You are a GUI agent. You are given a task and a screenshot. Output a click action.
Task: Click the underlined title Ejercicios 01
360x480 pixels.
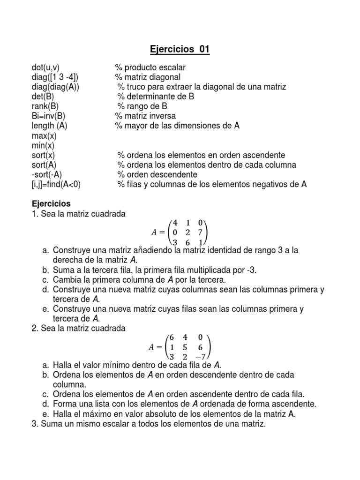click(180, 50)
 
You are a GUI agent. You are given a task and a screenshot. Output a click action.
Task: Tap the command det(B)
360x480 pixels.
click(43, 97)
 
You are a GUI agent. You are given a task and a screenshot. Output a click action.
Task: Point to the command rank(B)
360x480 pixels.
click(45, 106)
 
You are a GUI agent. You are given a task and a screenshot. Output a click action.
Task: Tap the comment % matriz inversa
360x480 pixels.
click(146, 116)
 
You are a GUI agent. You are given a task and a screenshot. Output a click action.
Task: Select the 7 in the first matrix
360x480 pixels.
click(200, 232)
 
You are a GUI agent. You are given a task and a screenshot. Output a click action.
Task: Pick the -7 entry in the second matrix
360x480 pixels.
click(199, 356)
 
